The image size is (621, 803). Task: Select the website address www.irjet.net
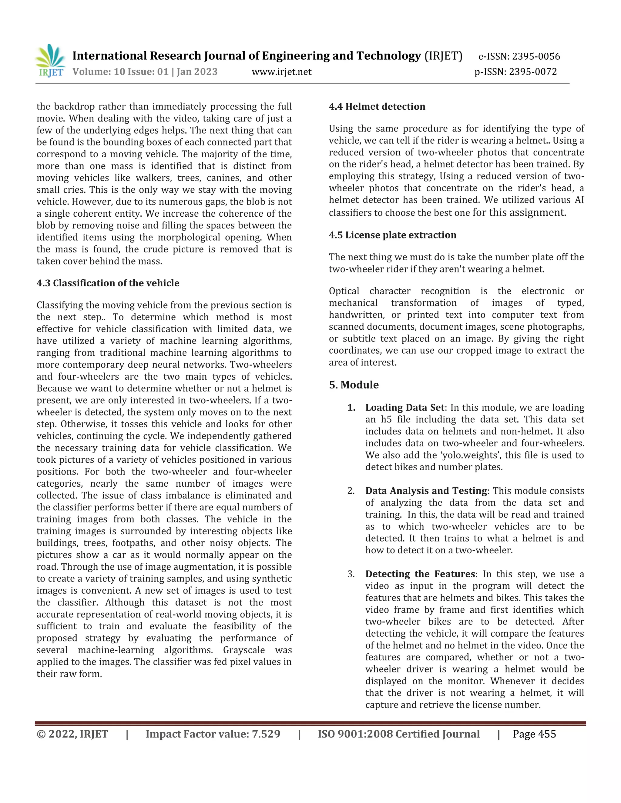tap(281, 72)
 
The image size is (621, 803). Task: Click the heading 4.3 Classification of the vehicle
tap(108, 283)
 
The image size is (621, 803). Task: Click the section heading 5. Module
tap(354, 385)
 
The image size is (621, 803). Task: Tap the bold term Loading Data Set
tap(405, 407)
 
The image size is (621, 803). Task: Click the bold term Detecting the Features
tap(420, 574)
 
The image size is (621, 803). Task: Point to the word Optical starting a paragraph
tap(344, 291)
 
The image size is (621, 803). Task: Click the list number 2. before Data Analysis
tap(351, 491)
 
